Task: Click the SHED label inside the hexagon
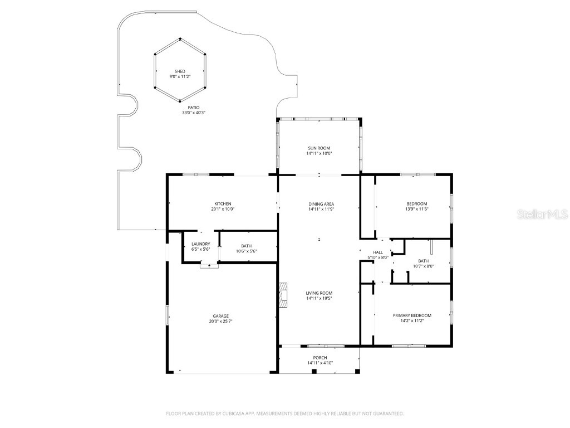pos(180,71)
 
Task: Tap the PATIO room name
pos(193,108)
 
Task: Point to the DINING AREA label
pos(321,204)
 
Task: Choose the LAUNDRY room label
pos(200,244)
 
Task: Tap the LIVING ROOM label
pos(319,293)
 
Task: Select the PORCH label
pos(320,358)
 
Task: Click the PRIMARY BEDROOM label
pos(412,315)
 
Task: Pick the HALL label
pos(378,252)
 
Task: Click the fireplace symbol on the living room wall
pos(284,295)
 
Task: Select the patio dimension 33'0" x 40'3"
pos(193,113)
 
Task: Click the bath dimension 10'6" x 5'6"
pos(246,251)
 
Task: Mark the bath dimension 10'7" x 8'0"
pos(423,266)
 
